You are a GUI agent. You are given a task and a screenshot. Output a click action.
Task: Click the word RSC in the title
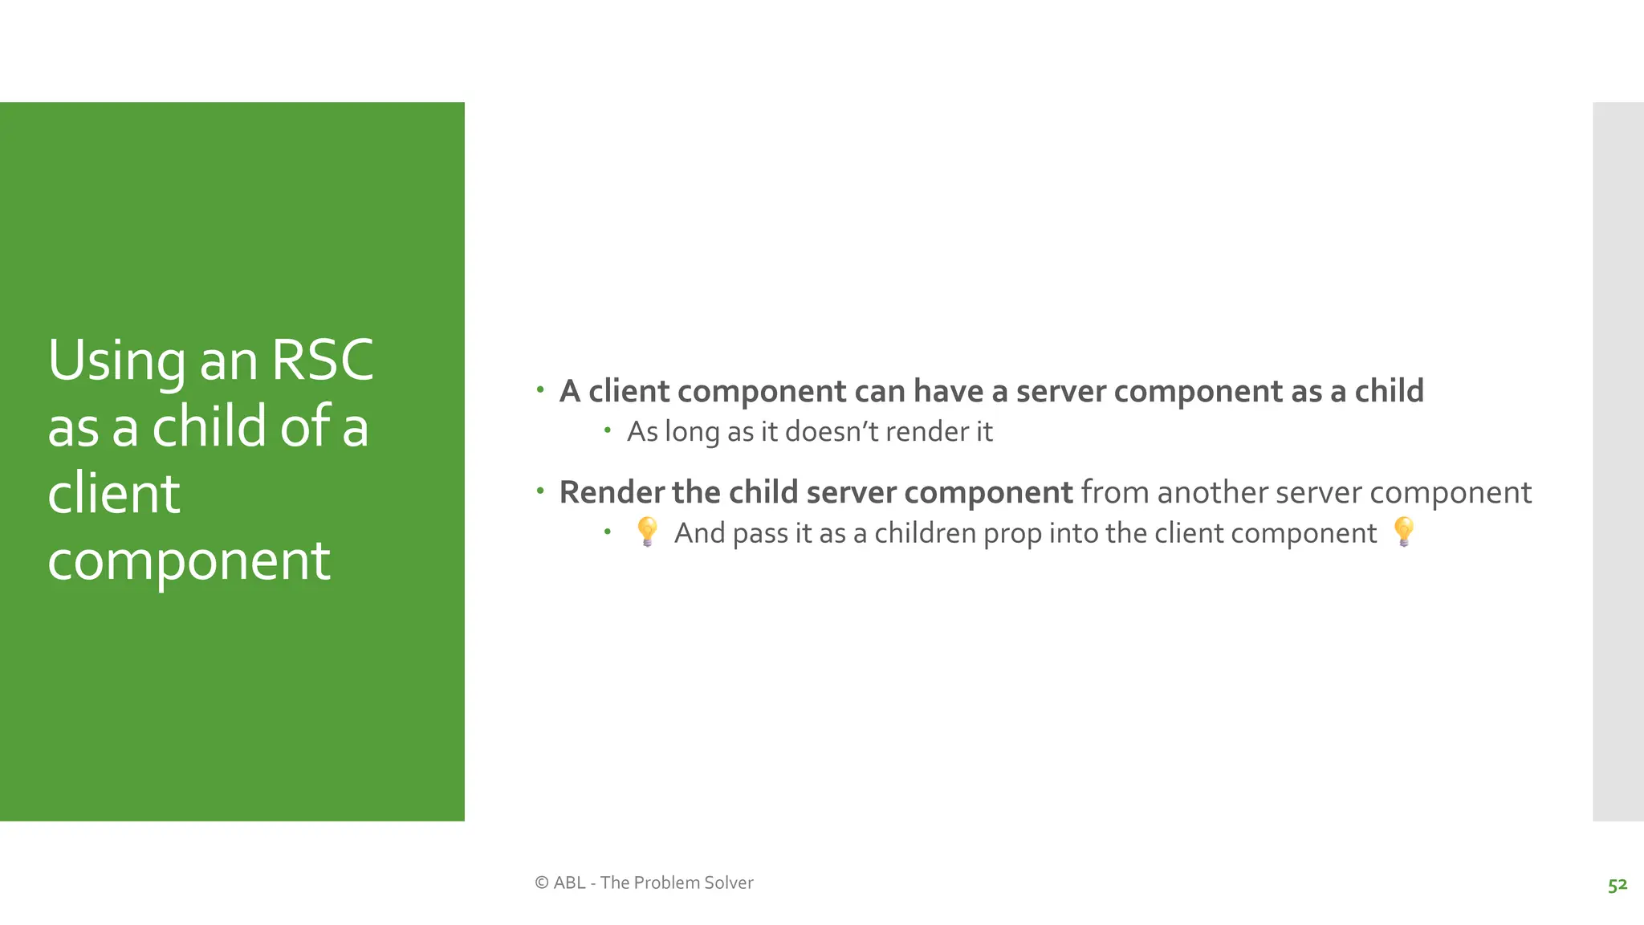[x=323, y=361]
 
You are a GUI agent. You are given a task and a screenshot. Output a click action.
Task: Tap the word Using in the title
[x=116, y=362]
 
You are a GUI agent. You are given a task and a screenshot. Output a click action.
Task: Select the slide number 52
[x=1617, y=885]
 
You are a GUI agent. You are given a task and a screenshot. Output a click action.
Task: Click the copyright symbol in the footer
[x=542, y=882]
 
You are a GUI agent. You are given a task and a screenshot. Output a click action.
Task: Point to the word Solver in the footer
[x=728, y=882]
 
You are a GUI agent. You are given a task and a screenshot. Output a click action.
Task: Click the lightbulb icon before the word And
[x=647, y=532]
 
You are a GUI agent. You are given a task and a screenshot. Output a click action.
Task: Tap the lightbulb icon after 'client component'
[x=1404, y=532]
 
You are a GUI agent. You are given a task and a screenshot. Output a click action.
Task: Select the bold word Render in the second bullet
[x=612, y=492]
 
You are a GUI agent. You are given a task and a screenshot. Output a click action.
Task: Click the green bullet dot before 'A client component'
[x=540, y=390]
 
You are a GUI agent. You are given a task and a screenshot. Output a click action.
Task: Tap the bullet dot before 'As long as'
[x=608, y=431]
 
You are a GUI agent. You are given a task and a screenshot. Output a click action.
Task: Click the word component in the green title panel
[x=189, y=561]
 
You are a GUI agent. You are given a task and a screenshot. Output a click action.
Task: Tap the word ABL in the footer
[x=569, y=882]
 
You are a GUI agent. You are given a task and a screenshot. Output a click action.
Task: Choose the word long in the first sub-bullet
[x=692, y=433]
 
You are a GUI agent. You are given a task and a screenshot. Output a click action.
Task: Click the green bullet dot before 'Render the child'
[x=540, y=491]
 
